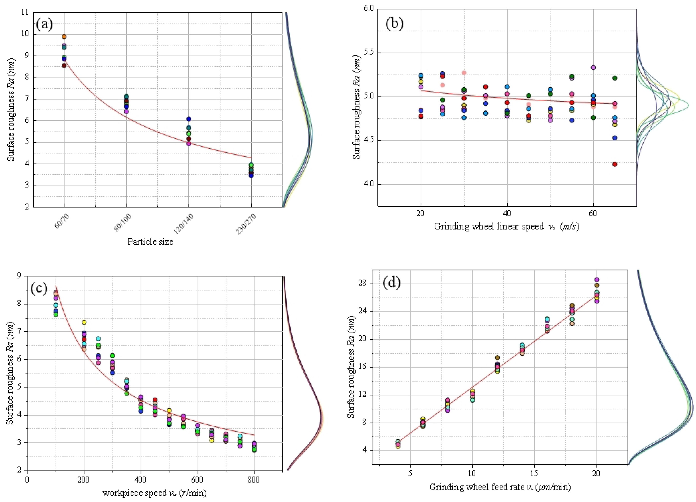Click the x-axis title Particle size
[150, 242]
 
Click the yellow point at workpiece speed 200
[84, 322]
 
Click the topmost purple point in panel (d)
[597, 280]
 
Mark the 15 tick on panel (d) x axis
[534, 473]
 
